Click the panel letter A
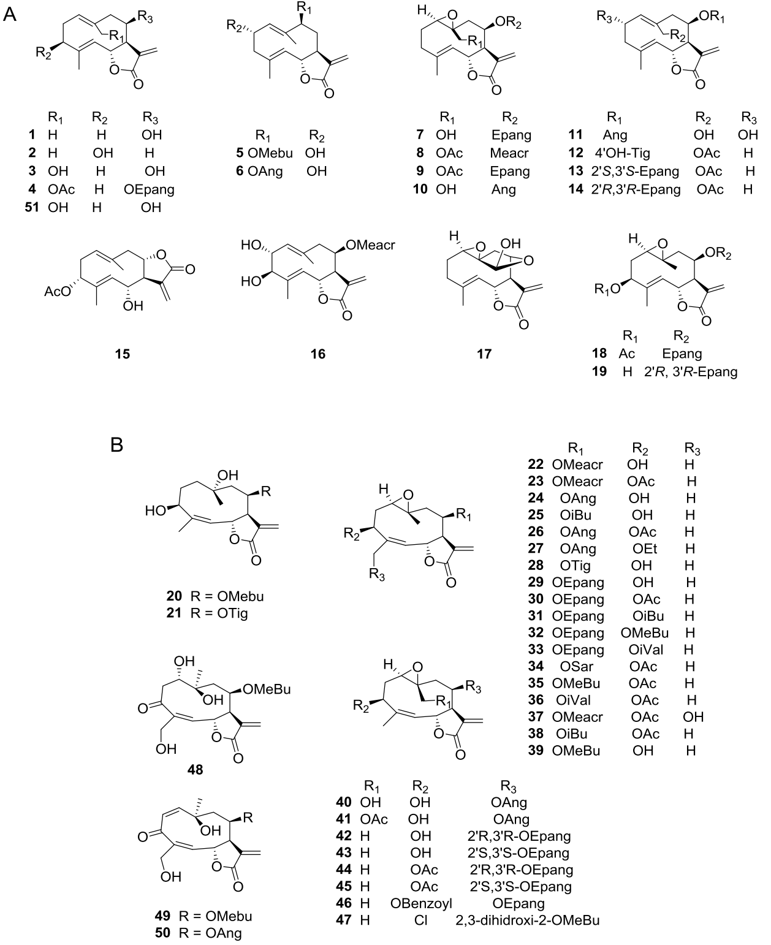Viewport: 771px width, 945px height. [x=10, y=14]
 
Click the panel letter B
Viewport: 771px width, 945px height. [x=116, y=444]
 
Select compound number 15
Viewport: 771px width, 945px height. [x=122, y=354]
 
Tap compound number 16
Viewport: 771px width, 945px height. [x=317, y=354]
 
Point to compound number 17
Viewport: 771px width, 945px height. [x=484, y=354]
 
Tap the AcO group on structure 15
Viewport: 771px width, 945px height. [x=58, y=291]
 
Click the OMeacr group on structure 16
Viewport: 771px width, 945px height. [x=370, y=245]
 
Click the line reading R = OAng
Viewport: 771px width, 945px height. [x=210, y=933]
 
